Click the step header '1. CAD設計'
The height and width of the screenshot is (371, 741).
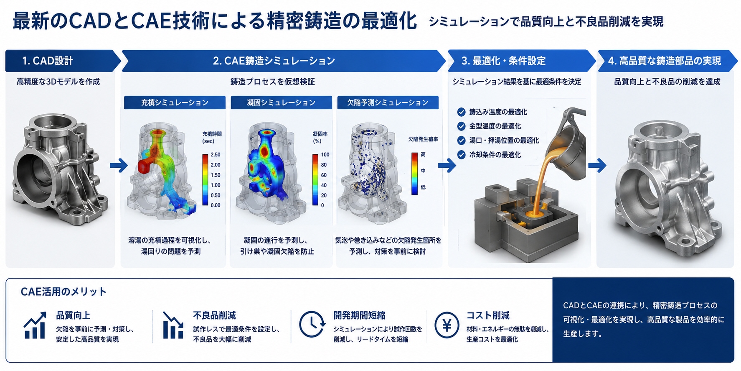(48, 61)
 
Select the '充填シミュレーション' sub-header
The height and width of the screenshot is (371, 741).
(175, 102)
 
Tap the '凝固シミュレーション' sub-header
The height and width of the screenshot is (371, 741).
(281, 102)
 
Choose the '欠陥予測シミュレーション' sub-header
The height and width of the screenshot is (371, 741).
(388, 102)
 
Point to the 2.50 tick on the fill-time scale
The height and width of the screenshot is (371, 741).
(216, 155)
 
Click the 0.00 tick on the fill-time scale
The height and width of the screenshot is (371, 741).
(216, 205)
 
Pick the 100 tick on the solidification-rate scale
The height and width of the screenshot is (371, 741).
(325, 155)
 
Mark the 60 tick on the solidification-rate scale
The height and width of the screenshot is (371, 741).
(324, 175)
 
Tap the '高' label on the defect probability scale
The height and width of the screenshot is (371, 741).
(423, 155)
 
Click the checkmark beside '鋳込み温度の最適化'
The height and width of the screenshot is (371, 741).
(461, 112)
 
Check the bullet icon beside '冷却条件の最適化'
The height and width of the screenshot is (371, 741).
(461, 155)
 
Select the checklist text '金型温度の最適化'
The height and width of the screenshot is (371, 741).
(495, 126)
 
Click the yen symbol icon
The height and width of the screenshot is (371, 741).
(447, 325)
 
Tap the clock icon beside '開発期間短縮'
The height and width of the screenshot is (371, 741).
(312, 324)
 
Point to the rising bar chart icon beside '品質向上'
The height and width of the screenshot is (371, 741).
(35, 325)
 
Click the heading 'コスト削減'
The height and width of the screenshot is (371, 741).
(488, 315)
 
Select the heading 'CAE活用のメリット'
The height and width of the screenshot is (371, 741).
(63, 292)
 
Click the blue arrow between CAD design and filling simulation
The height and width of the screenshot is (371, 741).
(119, 166)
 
